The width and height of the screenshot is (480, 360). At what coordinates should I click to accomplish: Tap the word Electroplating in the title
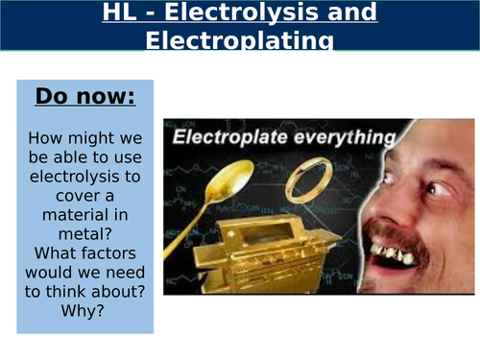(239, 41)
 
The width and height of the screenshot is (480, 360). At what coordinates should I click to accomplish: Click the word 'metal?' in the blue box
(84, 242)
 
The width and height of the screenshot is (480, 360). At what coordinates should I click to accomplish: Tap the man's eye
(438, 190)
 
